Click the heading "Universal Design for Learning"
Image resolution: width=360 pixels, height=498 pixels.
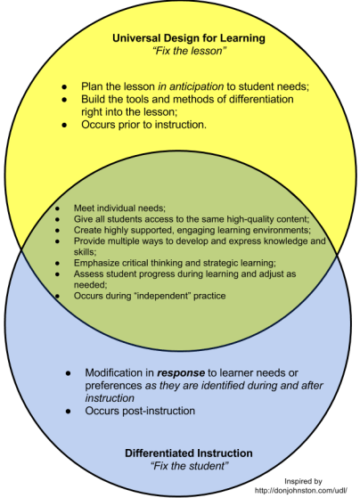tap(189, 38)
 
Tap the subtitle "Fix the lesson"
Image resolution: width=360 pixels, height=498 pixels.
tap(190, 51)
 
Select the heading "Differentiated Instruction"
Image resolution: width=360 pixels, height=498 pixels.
tap(189, 453)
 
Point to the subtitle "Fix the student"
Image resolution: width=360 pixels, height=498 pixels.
tap(190, 466)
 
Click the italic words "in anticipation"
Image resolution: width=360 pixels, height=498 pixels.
tap(191, 86)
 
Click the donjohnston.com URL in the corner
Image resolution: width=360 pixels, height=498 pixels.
tap(301, 490)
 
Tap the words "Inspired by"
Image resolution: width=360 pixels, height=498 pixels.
tap(303, 481)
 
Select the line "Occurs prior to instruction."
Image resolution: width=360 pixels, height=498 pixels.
tap(144, 125)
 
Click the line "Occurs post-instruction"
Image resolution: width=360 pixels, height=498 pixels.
tap(140, 411)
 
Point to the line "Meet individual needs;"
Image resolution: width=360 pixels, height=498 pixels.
tap(119, 208)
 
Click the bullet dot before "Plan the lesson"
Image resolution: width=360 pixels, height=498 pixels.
tap(65, 86)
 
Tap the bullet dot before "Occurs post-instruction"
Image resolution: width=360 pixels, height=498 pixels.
tap(68, 412)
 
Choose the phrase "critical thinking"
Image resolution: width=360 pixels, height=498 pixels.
tap(149, 263)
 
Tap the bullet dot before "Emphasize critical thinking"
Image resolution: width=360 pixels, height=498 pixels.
tap(57, 264)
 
